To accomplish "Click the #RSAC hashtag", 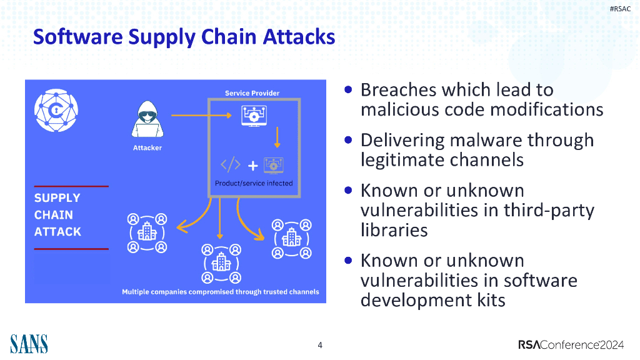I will coord(620,8).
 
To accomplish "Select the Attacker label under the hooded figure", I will coord(147,148).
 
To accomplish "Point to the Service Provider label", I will coord(252,93).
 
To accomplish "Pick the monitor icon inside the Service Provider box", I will coord(254,116).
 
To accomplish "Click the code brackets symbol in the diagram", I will coord(231,165).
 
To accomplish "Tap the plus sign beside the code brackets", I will coord(252,166).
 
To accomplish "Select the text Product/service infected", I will coord(254,184).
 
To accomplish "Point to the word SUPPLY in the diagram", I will coord(57,198).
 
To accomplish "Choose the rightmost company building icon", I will coord(291,238).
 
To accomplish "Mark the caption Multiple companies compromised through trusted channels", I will coord(220,292).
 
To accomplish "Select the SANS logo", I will coord(29,344).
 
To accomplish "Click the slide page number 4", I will coord(320,345).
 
